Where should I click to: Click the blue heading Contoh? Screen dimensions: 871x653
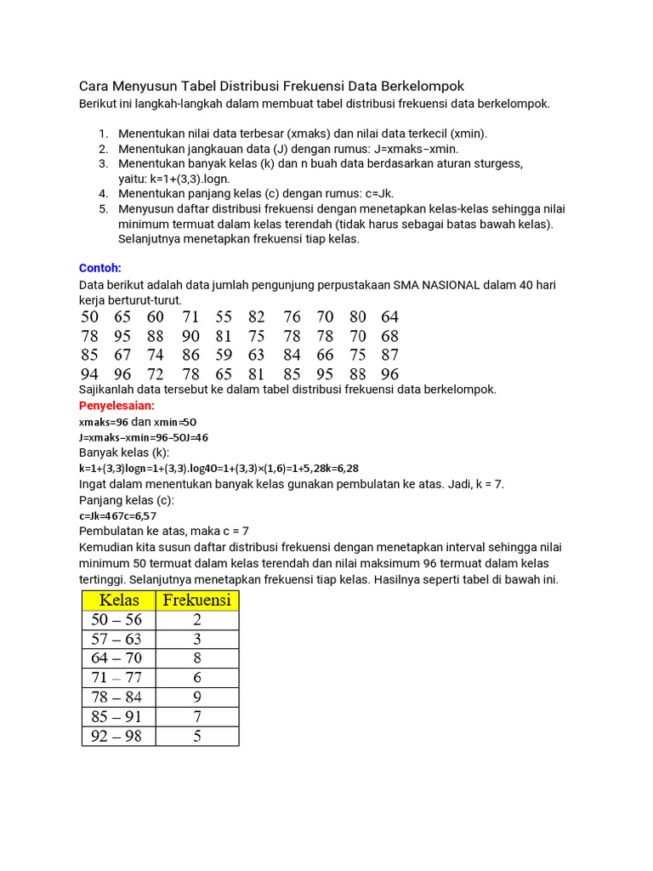[99, 268]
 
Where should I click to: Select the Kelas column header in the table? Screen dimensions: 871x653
[119, 601]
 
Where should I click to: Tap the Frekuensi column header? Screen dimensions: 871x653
[197, 601]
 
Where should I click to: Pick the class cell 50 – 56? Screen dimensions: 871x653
[117, 620]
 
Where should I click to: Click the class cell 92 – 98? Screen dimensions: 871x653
[117, 737]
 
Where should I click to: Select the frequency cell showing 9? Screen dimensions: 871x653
[197, 697]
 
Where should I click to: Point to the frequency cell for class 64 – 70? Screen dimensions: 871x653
[197, 658]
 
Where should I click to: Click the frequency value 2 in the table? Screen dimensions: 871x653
[197, 620]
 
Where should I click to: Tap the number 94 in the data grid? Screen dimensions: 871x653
[89, 374]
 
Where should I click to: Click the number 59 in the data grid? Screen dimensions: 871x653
[224, 355]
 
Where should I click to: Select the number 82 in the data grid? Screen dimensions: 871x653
[257, 317]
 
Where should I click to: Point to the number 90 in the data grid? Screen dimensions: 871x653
[190, 336]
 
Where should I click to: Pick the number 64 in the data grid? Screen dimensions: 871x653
[389, 317]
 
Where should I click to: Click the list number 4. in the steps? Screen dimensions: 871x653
[103, 194]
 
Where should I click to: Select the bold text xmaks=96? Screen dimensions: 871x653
[103, 422]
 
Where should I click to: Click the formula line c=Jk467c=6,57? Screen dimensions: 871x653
[117, 515]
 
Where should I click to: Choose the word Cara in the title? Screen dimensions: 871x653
[95, 87]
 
